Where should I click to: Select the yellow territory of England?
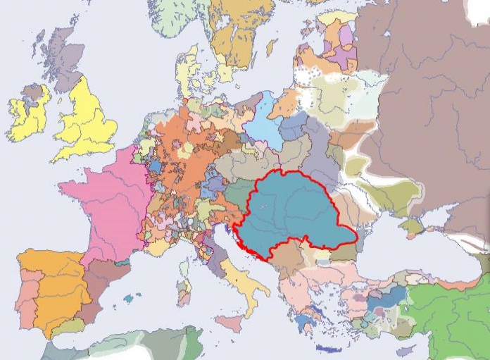pos(88,120)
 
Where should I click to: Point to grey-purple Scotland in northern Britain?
pos(63,60)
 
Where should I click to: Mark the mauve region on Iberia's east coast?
pos(99,282)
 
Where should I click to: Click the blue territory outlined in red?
pos(296,211)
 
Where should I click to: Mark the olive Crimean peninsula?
pos(412,227)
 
